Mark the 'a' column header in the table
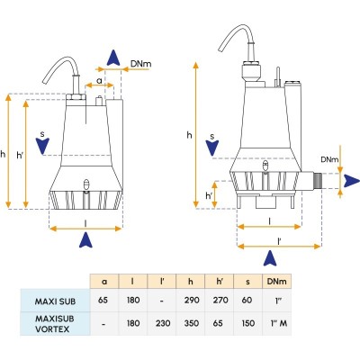tap(104, 281)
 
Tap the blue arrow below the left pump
tap(86, 239)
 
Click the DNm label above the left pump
tap(139, 64)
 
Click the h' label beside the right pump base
tap(209, 195)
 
